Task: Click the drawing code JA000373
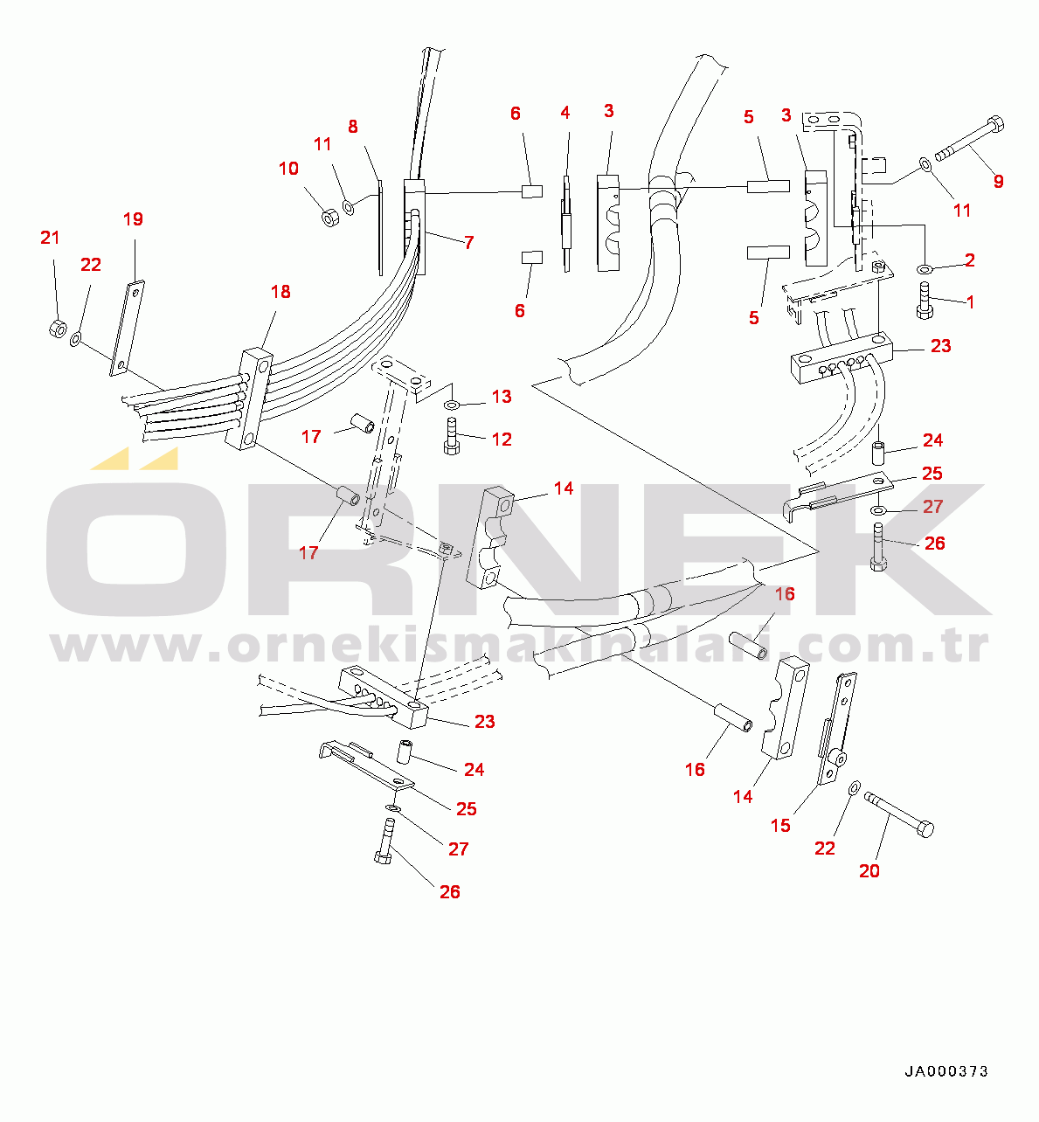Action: [946, 1071]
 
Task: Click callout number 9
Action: [998, 182]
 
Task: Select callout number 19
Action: [132, 219]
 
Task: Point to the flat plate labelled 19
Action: [128, 328]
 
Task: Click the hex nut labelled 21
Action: [55, 329]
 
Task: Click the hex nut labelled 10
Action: [330, 217]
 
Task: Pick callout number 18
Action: [281, 292]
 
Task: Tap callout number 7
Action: [469, 242]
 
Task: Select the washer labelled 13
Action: [452, 405]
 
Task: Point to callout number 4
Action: [565, 113]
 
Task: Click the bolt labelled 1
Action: [925, 301]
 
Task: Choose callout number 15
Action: [780, 825]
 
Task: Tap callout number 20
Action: [869, 870]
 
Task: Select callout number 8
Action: [353, 127]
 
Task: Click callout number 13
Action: [502, 397]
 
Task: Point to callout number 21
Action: [50, 238]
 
